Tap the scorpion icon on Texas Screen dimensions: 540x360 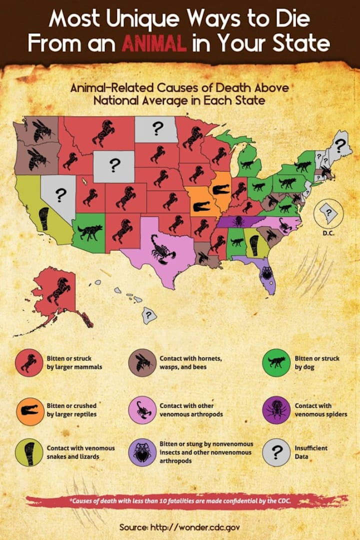163,248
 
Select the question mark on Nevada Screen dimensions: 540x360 61,195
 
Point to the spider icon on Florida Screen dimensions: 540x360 266,272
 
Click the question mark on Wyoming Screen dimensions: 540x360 115,165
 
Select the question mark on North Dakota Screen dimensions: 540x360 157,128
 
